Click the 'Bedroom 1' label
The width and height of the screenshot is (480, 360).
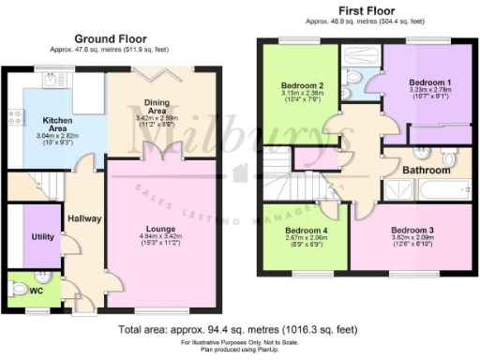(430, 82)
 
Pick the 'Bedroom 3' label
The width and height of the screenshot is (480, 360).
(412, 230)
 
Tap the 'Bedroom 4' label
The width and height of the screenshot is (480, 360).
(305, 230)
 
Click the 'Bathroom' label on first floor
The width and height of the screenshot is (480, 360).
(427, 172)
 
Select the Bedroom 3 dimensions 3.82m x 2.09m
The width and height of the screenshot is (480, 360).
(412, 240)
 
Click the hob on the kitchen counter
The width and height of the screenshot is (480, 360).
(16, 117)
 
